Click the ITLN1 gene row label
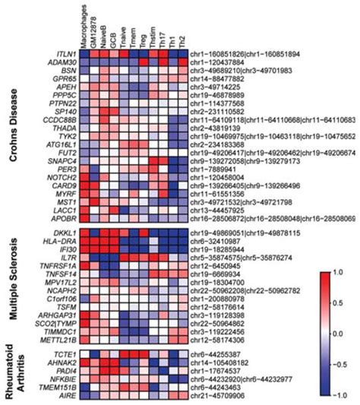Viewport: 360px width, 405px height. (x=62, y=56)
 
